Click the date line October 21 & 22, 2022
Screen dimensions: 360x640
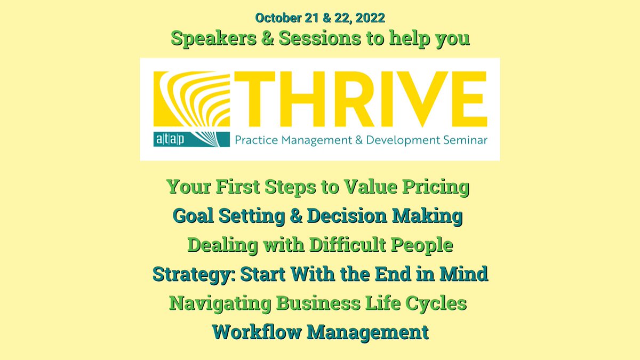click(x=320, y=17)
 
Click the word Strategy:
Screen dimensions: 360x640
click(x=193, y=275)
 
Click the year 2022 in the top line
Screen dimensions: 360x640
click(x=370, y=17)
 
